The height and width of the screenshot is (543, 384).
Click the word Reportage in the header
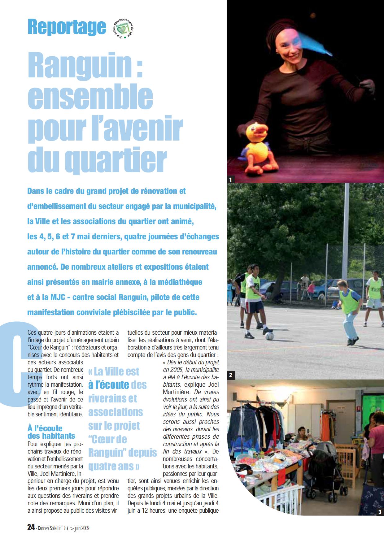pos(67,27)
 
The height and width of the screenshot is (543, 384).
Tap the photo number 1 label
pos(231,179)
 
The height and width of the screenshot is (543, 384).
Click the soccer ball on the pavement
pos(269,336)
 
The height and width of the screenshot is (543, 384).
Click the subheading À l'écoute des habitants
pos(51,432)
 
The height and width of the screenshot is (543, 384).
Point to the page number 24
pos(31,528)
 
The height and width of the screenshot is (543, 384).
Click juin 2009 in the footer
pos(82,528)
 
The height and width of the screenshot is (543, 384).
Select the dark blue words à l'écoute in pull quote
pos(108,385)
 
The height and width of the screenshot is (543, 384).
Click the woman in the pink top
pos(376,440)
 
